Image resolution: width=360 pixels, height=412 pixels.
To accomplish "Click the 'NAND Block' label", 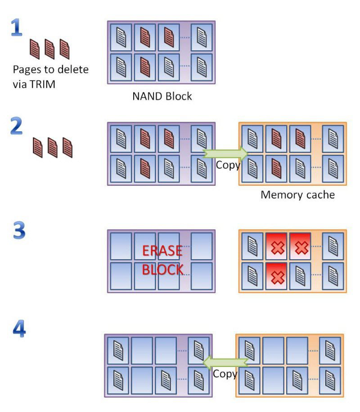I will coord(161,96).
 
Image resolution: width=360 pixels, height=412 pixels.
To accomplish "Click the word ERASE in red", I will coord(162,251).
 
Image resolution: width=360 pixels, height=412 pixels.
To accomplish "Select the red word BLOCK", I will coord(162,270).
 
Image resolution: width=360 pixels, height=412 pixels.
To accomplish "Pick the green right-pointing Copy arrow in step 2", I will coord(226,153).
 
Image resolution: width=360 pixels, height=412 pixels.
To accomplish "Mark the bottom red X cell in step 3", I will coord(277,276).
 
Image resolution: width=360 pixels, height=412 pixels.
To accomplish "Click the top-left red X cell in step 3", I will coord(277,246).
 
